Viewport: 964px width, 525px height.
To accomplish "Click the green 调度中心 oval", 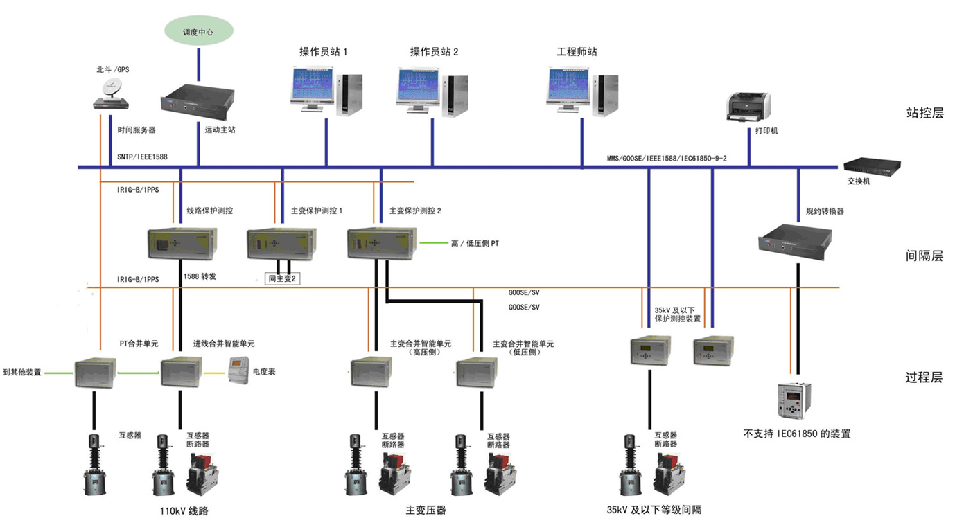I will [199, 32].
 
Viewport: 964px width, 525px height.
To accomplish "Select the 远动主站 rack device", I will [198, 101].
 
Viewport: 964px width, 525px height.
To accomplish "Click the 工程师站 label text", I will [577, 52].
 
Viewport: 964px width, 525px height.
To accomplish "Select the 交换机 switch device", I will [871, 166].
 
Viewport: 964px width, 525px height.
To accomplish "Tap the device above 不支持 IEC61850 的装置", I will [794, 400].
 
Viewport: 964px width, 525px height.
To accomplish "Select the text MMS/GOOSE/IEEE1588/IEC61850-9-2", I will [666, 159].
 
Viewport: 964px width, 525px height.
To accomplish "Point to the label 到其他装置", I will [22, 372].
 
